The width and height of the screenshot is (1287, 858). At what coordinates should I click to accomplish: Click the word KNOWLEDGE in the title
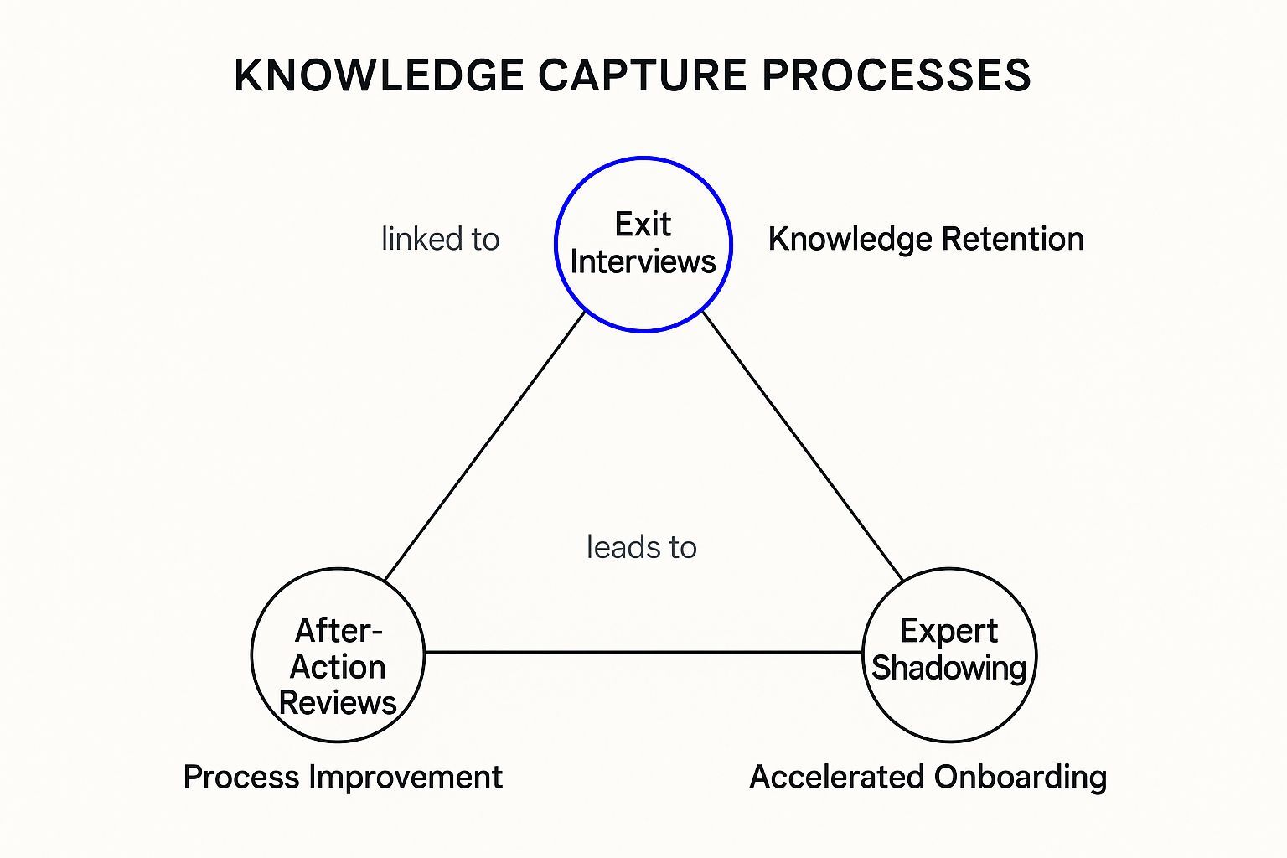point(379,75)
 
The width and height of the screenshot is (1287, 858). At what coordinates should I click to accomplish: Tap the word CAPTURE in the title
point(642,75)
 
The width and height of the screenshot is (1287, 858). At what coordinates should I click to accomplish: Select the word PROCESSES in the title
point(897,75)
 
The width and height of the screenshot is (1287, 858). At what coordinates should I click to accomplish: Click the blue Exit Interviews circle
point(643,245)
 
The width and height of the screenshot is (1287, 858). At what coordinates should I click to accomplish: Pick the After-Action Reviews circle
point(338,655)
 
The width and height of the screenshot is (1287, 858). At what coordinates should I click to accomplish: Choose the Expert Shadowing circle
point(949,655)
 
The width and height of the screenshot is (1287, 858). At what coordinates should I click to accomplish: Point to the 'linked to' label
point(440,240)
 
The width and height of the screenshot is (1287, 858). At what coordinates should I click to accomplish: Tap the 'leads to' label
point(641,548)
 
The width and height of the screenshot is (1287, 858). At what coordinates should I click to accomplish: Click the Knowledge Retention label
point(926,240)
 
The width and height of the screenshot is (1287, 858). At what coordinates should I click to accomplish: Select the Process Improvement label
point(343,778)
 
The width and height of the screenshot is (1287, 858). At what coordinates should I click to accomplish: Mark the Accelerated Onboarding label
point(928,778)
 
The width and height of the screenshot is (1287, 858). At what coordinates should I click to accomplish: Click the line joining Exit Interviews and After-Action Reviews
point(484,446)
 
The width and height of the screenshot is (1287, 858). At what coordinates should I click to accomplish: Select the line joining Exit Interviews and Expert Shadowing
point(803,446)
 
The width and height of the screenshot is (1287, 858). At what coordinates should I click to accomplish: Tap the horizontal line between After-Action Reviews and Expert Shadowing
point(643,652)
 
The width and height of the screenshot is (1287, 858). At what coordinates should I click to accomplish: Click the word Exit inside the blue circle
point(643,225)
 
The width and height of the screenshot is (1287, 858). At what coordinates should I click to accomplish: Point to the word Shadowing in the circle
point(949,669)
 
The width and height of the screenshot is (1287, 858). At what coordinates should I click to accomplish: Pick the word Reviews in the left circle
point(338,703)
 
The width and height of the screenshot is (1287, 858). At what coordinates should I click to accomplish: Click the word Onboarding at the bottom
point(1020,778)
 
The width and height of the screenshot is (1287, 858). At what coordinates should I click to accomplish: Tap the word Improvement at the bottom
point(406,778)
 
